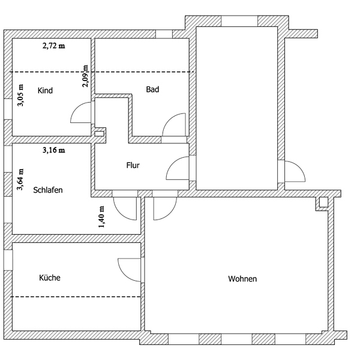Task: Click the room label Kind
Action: point(45,91)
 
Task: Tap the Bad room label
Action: point(152,89)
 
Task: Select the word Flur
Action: point(133,166)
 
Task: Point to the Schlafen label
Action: point(48,190)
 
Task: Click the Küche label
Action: point(50,278)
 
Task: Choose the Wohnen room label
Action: point(242,279)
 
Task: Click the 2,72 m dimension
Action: point(54,46)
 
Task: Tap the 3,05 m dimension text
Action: point(20,95)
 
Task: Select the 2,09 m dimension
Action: point(85,76)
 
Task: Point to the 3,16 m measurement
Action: point(54,150)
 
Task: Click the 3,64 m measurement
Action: point(20,179)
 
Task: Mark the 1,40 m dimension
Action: point(101,217)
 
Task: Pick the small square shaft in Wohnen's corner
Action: point(323,202)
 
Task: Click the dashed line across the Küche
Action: point(76,297)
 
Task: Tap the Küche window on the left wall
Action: point(8,260)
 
